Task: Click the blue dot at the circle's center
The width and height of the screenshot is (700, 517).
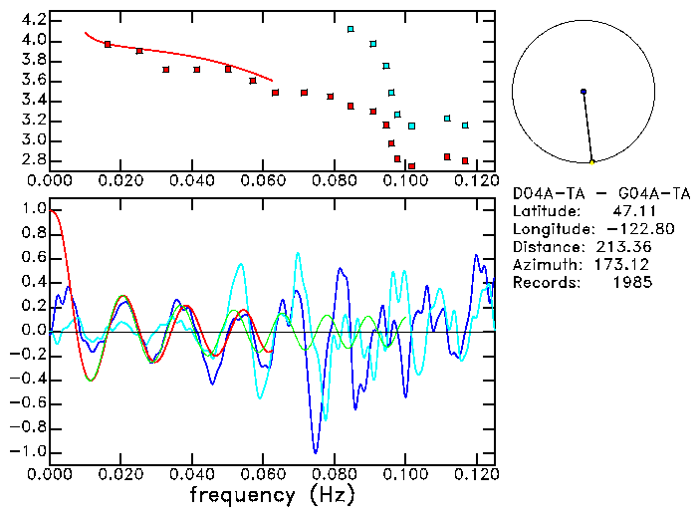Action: pyautogui.click(x=583, y=92)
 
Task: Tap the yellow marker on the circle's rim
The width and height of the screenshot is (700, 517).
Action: pyautogui.click(x=591, y=161)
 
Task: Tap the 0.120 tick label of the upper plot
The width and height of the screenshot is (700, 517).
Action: pyautogui.click(x=476, y=180)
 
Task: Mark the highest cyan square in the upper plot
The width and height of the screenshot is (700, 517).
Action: pyautogui.click(x=350, y=29)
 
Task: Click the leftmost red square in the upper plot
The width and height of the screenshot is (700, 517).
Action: pyautogui.click(x=108, y=44)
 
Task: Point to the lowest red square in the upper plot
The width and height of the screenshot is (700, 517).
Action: pyautogui.click(x=411, y=166)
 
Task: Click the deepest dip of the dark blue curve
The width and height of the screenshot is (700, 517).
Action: pyautogui.click(x=316, y=451)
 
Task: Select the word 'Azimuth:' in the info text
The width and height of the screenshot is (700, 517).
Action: pyautogui.click(x=544, y=265)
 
